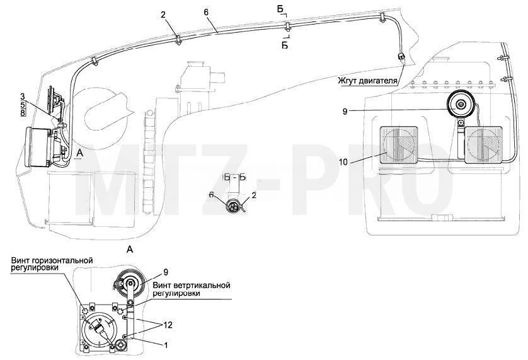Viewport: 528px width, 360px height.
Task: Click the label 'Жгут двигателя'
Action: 369,81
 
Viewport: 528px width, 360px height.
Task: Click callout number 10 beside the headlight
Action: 343,162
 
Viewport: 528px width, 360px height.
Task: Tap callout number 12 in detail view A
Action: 168,325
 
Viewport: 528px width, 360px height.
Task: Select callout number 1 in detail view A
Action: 165,345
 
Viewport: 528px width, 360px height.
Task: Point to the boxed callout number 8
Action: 23,113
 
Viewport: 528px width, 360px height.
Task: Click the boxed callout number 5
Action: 23,105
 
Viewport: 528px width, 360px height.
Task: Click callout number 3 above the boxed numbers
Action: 23,98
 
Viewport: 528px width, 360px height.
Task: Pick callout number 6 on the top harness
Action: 206,12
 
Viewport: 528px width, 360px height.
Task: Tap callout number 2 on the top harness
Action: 163,15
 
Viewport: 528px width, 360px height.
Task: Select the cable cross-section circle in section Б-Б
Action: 232,206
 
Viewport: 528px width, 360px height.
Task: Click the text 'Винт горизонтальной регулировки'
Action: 52,264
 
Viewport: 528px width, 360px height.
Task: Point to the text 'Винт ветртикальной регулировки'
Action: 192,289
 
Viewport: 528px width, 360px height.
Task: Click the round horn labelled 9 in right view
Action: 461,104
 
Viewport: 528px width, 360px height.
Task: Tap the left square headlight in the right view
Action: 399,145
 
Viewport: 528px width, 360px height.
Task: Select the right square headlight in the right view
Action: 483,145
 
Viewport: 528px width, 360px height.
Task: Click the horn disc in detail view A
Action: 130,282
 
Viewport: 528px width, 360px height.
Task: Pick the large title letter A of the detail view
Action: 130,250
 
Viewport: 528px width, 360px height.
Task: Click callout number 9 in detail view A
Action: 165,272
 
